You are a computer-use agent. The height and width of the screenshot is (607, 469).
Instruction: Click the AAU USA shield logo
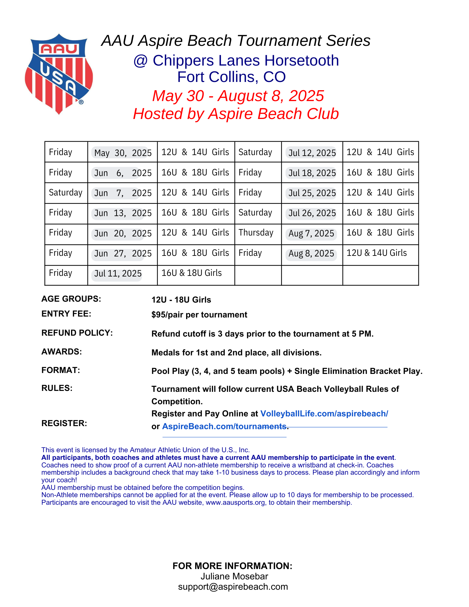point(59,74)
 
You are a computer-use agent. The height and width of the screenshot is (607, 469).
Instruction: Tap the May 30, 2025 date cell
point(123,153)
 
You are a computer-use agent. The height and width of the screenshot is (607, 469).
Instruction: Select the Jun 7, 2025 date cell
point(123,193)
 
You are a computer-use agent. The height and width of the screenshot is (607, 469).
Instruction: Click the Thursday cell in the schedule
point(256,233)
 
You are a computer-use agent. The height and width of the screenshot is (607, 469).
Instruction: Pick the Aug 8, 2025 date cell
point(311,253)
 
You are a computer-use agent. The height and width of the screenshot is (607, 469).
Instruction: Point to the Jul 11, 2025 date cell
point(118,273)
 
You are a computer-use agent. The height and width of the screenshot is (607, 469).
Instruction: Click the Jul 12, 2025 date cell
point(312,153)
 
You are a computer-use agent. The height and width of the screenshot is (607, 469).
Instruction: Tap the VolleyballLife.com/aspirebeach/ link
point(324,414)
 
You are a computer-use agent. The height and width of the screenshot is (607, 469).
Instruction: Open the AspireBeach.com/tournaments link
point(224,426)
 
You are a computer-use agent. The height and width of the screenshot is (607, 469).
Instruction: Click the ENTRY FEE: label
point(66,314)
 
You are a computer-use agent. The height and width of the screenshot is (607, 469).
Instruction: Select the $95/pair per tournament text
point(199,315)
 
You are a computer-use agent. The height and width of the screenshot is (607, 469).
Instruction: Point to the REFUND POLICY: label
point(77,333)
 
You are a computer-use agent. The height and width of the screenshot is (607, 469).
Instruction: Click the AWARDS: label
point(62,352)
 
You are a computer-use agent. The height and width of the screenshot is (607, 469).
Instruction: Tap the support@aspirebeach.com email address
point(233,587)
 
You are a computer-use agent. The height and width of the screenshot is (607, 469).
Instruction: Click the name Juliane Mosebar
point(234,576)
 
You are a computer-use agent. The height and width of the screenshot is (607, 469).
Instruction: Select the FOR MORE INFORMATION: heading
point(232,566)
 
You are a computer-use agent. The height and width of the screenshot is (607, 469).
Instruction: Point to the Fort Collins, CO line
point(231,77)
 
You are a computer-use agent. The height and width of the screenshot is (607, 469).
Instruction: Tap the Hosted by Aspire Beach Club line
point(236,114)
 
